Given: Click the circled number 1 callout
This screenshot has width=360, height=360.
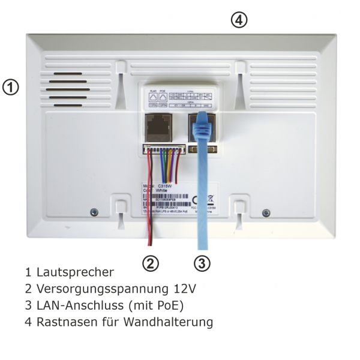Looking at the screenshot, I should point(11,87).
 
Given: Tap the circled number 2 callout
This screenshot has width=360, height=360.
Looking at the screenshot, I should point(151,262).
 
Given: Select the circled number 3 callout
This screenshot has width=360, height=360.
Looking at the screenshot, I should point(203,262).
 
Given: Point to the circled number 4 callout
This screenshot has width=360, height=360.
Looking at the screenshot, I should point(239,20).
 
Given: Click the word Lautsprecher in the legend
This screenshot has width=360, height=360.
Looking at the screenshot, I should point(75,272).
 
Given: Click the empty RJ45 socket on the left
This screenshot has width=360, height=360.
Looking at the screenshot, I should point(157,127).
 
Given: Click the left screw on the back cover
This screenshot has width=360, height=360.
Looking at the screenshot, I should point(94,211).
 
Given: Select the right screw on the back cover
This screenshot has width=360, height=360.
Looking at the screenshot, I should point(266,211).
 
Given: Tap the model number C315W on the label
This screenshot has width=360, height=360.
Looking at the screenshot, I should point(167,186).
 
